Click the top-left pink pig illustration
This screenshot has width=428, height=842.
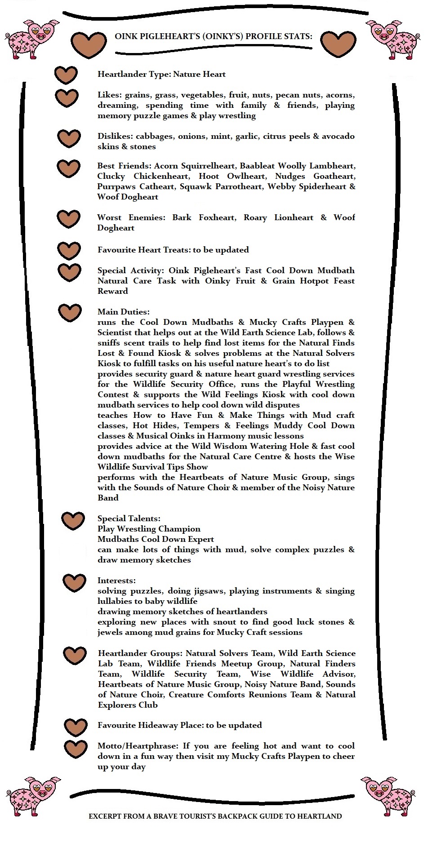pos(32,39)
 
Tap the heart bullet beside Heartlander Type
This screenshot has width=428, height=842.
pos(66,75)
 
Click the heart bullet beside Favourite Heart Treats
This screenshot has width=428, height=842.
pos(69,250)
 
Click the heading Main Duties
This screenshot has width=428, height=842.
pos(124,312)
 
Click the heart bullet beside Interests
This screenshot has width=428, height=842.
pos(74,582)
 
